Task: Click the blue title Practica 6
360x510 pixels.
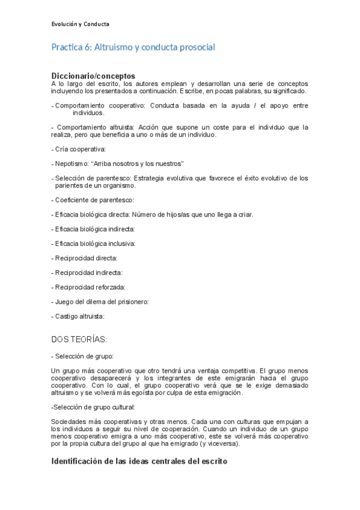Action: (x=133, y=47)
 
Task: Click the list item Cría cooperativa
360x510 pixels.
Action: (x=80, y=149)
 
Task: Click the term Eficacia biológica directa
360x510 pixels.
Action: (x=91, y=214)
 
